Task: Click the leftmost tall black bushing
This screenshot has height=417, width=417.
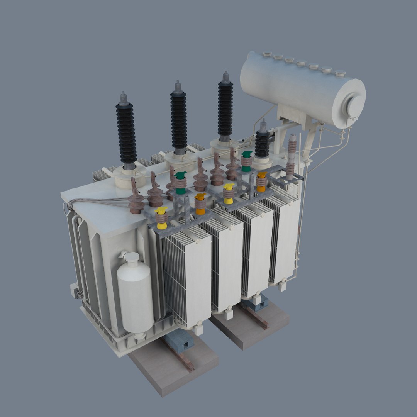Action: tap(126, 131)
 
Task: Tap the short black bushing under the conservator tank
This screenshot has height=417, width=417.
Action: tap(262, 143)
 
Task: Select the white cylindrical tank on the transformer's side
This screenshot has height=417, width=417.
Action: tap(135, 293)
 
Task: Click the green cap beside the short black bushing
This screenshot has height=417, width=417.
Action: tap(246, 161)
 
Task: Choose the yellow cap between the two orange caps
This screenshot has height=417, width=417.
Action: tap(229, 193)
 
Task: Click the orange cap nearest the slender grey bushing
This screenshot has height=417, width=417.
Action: tap(261, 181)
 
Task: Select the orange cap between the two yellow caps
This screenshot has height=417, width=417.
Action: tap(200, 204)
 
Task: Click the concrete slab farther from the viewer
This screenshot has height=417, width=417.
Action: tap(251, 324)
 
